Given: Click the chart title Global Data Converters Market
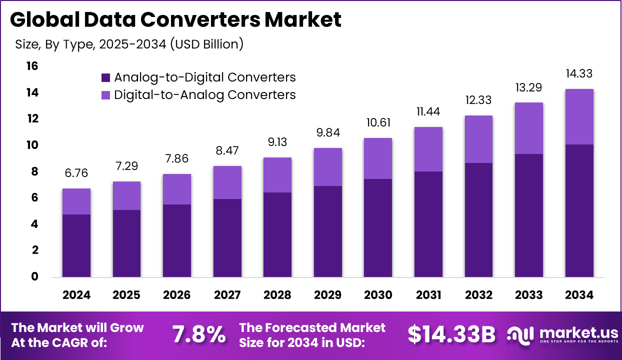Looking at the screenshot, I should (175, 20).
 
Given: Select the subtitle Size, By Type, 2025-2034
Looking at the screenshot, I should (129, 44).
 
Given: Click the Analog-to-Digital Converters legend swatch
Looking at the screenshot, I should (105, 77).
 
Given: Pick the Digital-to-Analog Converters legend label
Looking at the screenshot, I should (204, 94).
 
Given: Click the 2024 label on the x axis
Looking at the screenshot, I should (76, 295).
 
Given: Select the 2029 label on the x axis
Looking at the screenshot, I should (328, 295).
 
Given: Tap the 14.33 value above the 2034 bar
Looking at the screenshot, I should (579, 73).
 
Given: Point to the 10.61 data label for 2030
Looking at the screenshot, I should (378, 123).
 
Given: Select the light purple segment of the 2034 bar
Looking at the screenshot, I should (579, 116).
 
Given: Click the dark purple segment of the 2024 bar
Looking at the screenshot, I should (76, 245).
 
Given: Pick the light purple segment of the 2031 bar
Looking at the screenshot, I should (428, 149).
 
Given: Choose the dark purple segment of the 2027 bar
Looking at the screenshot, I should (227, 237).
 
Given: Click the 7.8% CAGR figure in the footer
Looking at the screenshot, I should (198, 334).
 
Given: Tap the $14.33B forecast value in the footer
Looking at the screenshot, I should (451, 334).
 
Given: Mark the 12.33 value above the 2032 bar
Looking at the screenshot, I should (478, 100).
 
